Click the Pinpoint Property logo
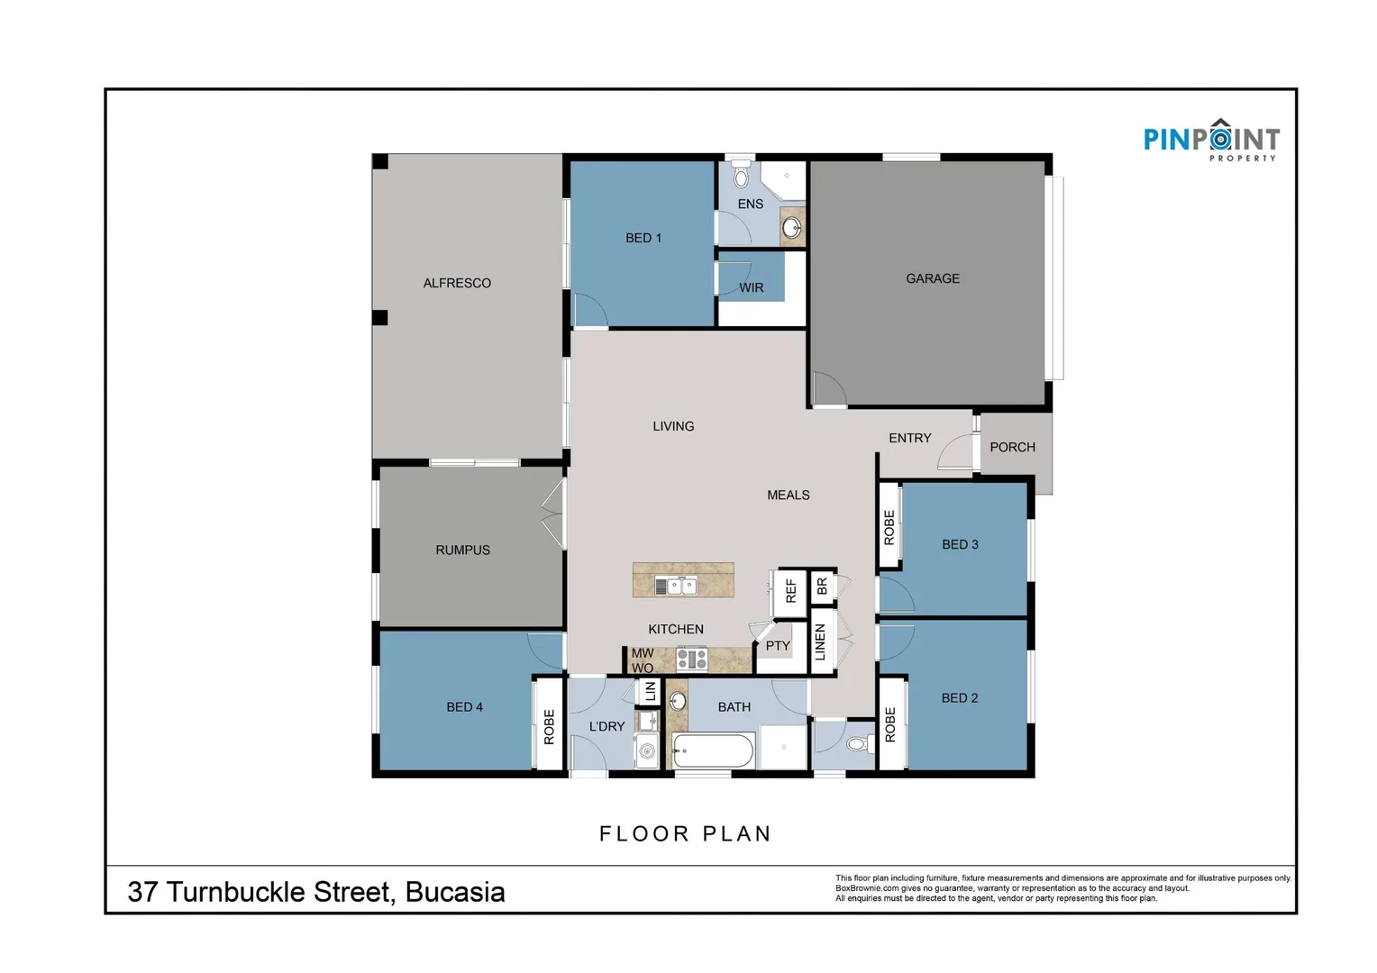1210,141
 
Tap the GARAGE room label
932,278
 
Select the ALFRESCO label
457,283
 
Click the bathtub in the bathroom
712,750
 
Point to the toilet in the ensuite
742,174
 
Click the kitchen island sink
675,586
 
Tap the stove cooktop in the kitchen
691,659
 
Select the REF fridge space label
790,591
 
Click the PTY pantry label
777,646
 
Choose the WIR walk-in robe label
751,287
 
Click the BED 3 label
960,544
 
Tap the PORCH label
1012,447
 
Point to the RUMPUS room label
462,550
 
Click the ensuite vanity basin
792,227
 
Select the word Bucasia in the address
454,892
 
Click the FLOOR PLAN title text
686,834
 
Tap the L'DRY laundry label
606,726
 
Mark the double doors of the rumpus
552,514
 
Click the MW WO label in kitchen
643,660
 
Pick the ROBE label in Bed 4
549,726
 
